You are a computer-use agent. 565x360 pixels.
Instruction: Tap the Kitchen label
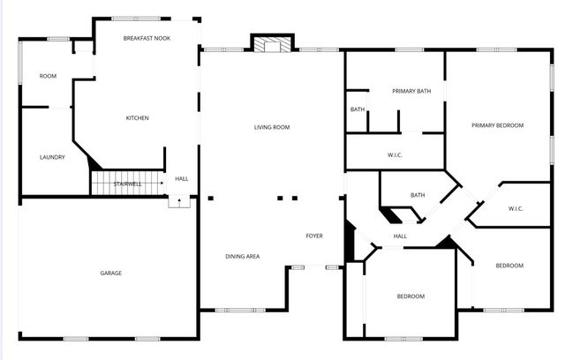click(x=137, y=118)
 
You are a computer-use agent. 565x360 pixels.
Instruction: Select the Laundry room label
click(x=52, y=157)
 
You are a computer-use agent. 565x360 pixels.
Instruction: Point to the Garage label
click(x=110, y=273)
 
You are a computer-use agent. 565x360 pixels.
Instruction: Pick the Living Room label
click(x=272, y=127)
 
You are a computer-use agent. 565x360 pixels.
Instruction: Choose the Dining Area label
click(x=242, y=256)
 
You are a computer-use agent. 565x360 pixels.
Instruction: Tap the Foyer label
click(x=314, y=236)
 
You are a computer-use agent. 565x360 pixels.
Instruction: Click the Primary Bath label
click(x=411, y=91)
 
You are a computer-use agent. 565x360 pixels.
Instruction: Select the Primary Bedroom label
click(x=497, y=125)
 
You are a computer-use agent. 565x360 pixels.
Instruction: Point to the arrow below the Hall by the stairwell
click(x=180, y=201)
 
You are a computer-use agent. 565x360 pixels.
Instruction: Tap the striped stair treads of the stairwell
click(x=128, y=183)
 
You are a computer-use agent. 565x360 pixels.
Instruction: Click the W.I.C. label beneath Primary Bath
click(x=395, y=155)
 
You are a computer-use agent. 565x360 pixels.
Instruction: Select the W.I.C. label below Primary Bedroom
click(x=516, y=208)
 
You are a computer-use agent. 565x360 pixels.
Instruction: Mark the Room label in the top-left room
click(x=48, y=76)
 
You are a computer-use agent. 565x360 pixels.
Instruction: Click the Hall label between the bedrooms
click(x=400, y=236)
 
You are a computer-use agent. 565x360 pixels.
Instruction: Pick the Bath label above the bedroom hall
click(x=418, y=195)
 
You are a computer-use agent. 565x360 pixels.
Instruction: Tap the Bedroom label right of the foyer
click(x=411, y=296)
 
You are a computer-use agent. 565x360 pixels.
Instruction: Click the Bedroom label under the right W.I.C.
click(x=509, y=266)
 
